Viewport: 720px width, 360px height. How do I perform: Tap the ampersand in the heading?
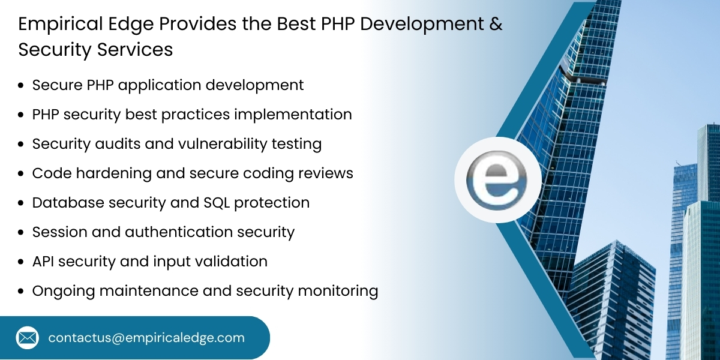[495, 24]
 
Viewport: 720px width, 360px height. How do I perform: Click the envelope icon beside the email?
[27, 338]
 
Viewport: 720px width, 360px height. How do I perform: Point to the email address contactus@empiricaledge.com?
[146, 338]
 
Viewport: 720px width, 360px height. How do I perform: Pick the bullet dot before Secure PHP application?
[21, 86]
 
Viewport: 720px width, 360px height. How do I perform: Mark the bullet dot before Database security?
[21, 203]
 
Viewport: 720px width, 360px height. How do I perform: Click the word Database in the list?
[68, 203]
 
